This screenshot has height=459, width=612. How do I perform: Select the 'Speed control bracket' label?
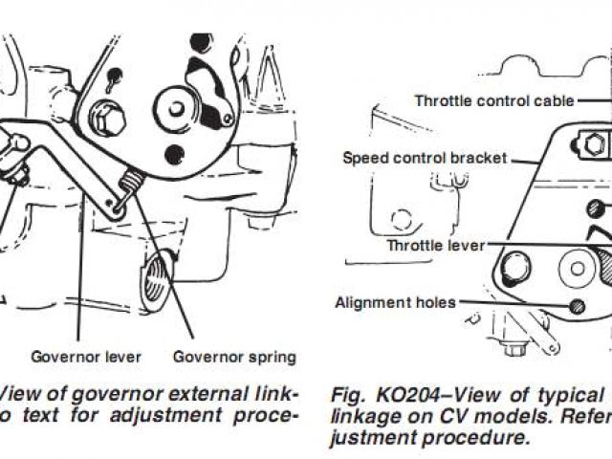[425, 157]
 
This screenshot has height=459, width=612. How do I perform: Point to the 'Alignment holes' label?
[395, 303]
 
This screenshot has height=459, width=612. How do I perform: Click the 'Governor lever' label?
[86, 357]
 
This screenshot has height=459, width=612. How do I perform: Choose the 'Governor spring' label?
[234, 357]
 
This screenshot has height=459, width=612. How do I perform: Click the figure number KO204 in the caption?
[388, 394]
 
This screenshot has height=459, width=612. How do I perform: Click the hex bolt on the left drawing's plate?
[107, 120]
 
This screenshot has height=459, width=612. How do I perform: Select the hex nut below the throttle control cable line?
[595, 145]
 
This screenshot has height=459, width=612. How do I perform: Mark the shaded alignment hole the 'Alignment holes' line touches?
[577, 305]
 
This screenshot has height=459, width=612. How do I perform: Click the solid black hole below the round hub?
[173, 153]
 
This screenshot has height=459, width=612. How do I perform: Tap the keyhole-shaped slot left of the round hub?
[114, 75]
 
